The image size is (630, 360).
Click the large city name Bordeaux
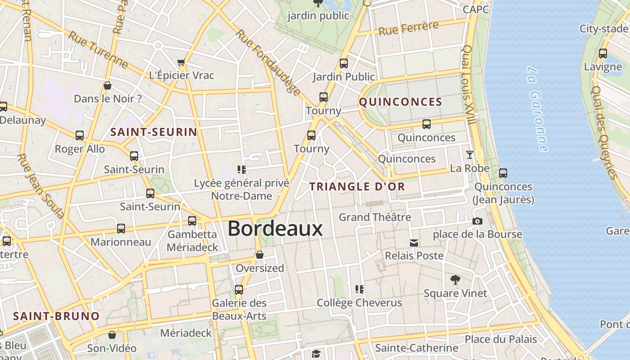click(275, 229)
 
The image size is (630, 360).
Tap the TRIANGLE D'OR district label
click(357, 186)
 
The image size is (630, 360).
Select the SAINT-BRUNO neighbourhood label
click(56, 316)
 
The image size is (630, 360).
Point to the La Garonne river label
click(538, 109)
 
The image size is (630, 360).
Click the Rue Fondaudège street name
click(268, 63)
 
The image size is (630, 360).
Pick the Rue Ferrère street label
click(408, 28)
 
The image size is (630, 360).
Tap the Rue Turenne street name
click(98, 49)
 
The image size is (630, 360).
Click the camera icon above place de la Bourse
click(477, 221)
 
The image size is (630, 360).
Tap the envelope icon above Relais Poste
click(414, 243)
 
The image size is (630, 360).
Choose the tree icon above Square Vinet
click(455, 280)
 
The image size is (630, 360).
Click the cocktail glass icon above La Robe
click(470, 155)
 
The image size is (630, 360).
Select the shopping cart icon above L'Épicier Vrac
click(181, 62)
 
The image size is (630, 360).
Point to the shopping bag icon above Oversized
click(260, 255)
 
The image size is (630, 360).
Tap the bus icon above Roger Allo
click(80, 135)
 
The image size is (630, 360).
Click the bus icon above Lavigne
click(603, 54)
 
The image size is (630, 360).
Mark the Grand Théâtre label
click(375, 217)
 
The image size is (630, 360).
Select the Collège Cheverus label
click(359, 303)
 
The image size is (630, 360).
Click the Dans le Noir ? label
click(108, 99)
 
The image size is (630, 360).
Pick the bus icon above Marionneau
click(121, 229)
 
